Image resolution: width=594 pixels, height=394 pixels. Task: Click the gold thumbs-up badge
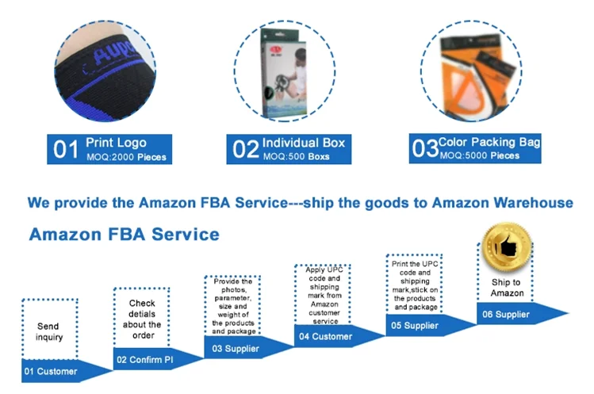[x=506, y=249]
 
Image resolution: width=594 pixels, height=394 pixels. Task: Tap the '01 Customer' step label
[x=51, y=371]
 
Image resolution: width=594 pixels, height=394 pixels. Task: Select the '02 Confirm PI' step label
[x=145, y=360]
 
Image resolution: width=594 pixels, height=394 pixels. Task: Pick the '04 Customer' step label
[x=325, y=336]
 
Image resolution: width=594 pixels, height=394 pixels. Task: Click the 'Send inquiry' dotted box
[x=49, y=331]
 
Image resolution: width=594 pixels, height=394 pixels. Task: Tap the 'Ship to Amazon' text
[x=506, y=288]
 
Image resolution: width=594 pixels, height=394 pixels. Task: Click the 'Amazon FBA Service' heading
[x=124, y=235]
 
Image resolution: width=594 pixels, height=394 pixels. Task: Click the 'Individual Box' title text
[x=304, y=143]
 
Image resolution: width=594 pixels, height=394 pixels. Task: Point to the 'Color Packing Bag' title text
[x=490, y=143]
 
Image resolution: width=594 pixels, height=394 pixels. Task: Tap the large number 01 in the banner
[x=66, y=148]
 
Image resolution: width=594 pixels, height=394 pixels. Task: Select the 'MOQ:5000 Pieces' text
[x=479, y=156]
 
